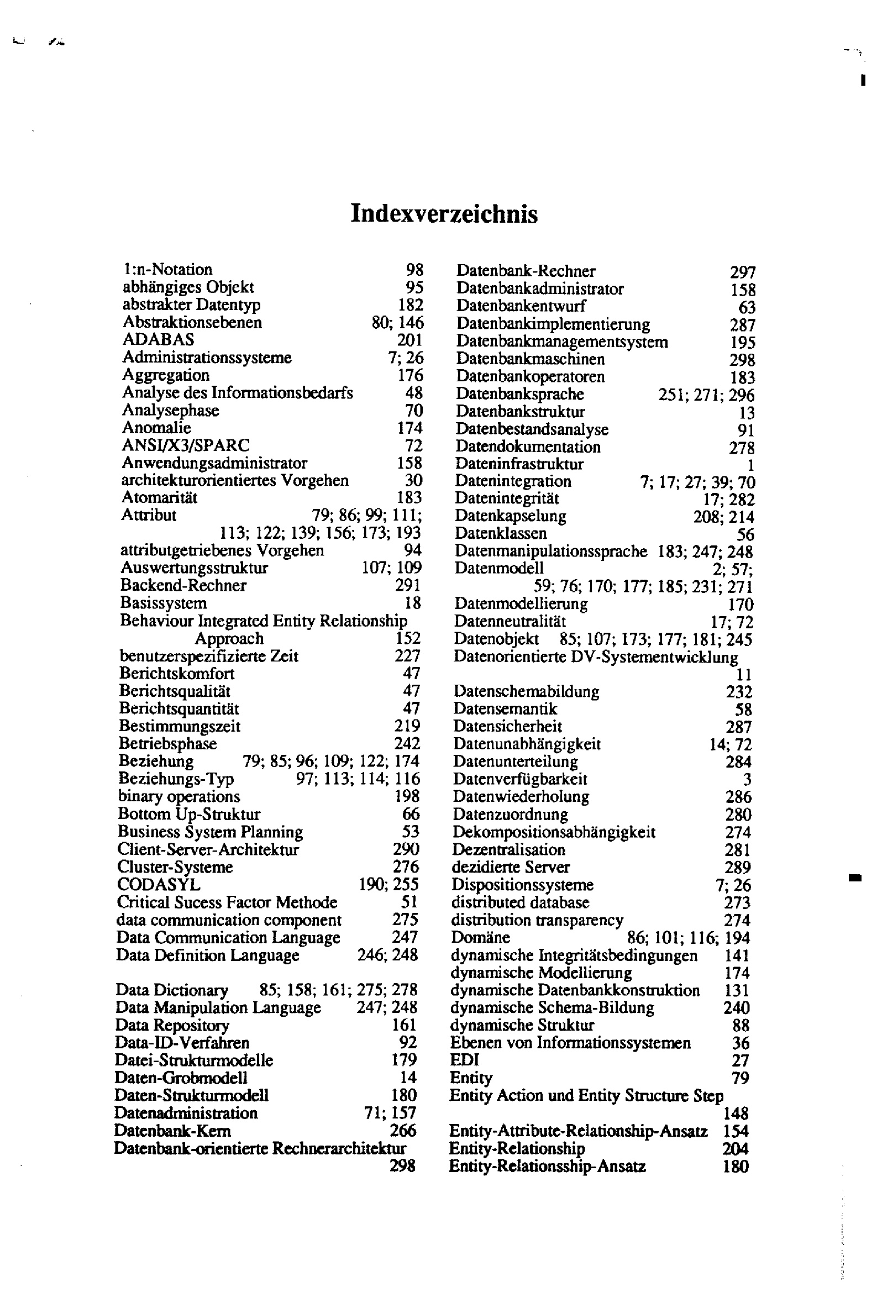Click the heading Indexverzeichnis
(444, 214)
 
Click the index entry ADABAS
(159, 340)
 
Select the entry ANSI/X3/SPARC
(186, 445)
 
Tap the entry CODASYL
(159, 885)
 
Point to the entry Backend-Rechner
(183, 585)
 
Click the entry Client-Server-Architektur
(208, 849)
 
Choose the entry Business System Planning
(210, 832)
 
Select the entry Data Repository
(172, 1025)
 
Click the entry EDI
(464, 1060)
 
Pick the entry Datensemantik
(505, 709)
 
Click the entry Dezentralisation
(509, 850)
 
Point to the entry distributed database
(520, 902)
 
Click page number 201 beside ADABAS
(410, 340)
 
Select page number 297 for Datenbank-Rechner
(743, 272)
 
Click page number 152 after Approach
(408, 638)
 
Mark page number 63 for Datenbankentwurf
(747, 307)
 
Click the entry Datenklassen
(501, 533)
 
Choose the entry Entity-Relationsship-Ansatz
(547, 1167)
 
